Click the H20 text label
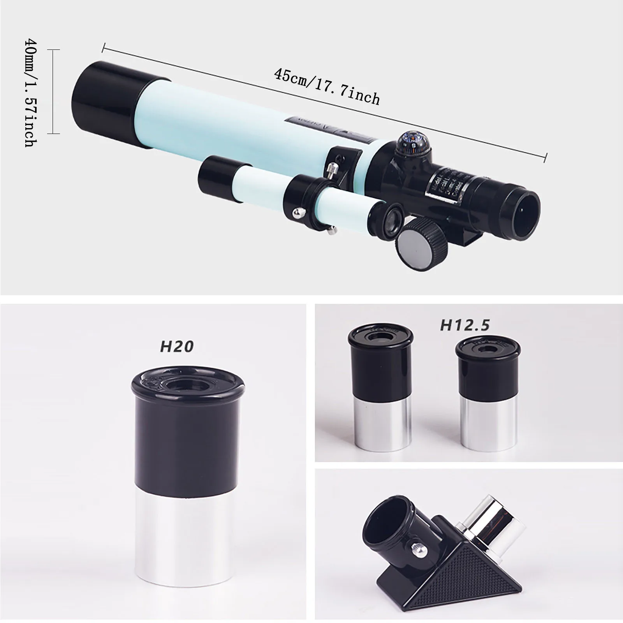[177, 346]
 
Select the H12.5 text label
[464, 325]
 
